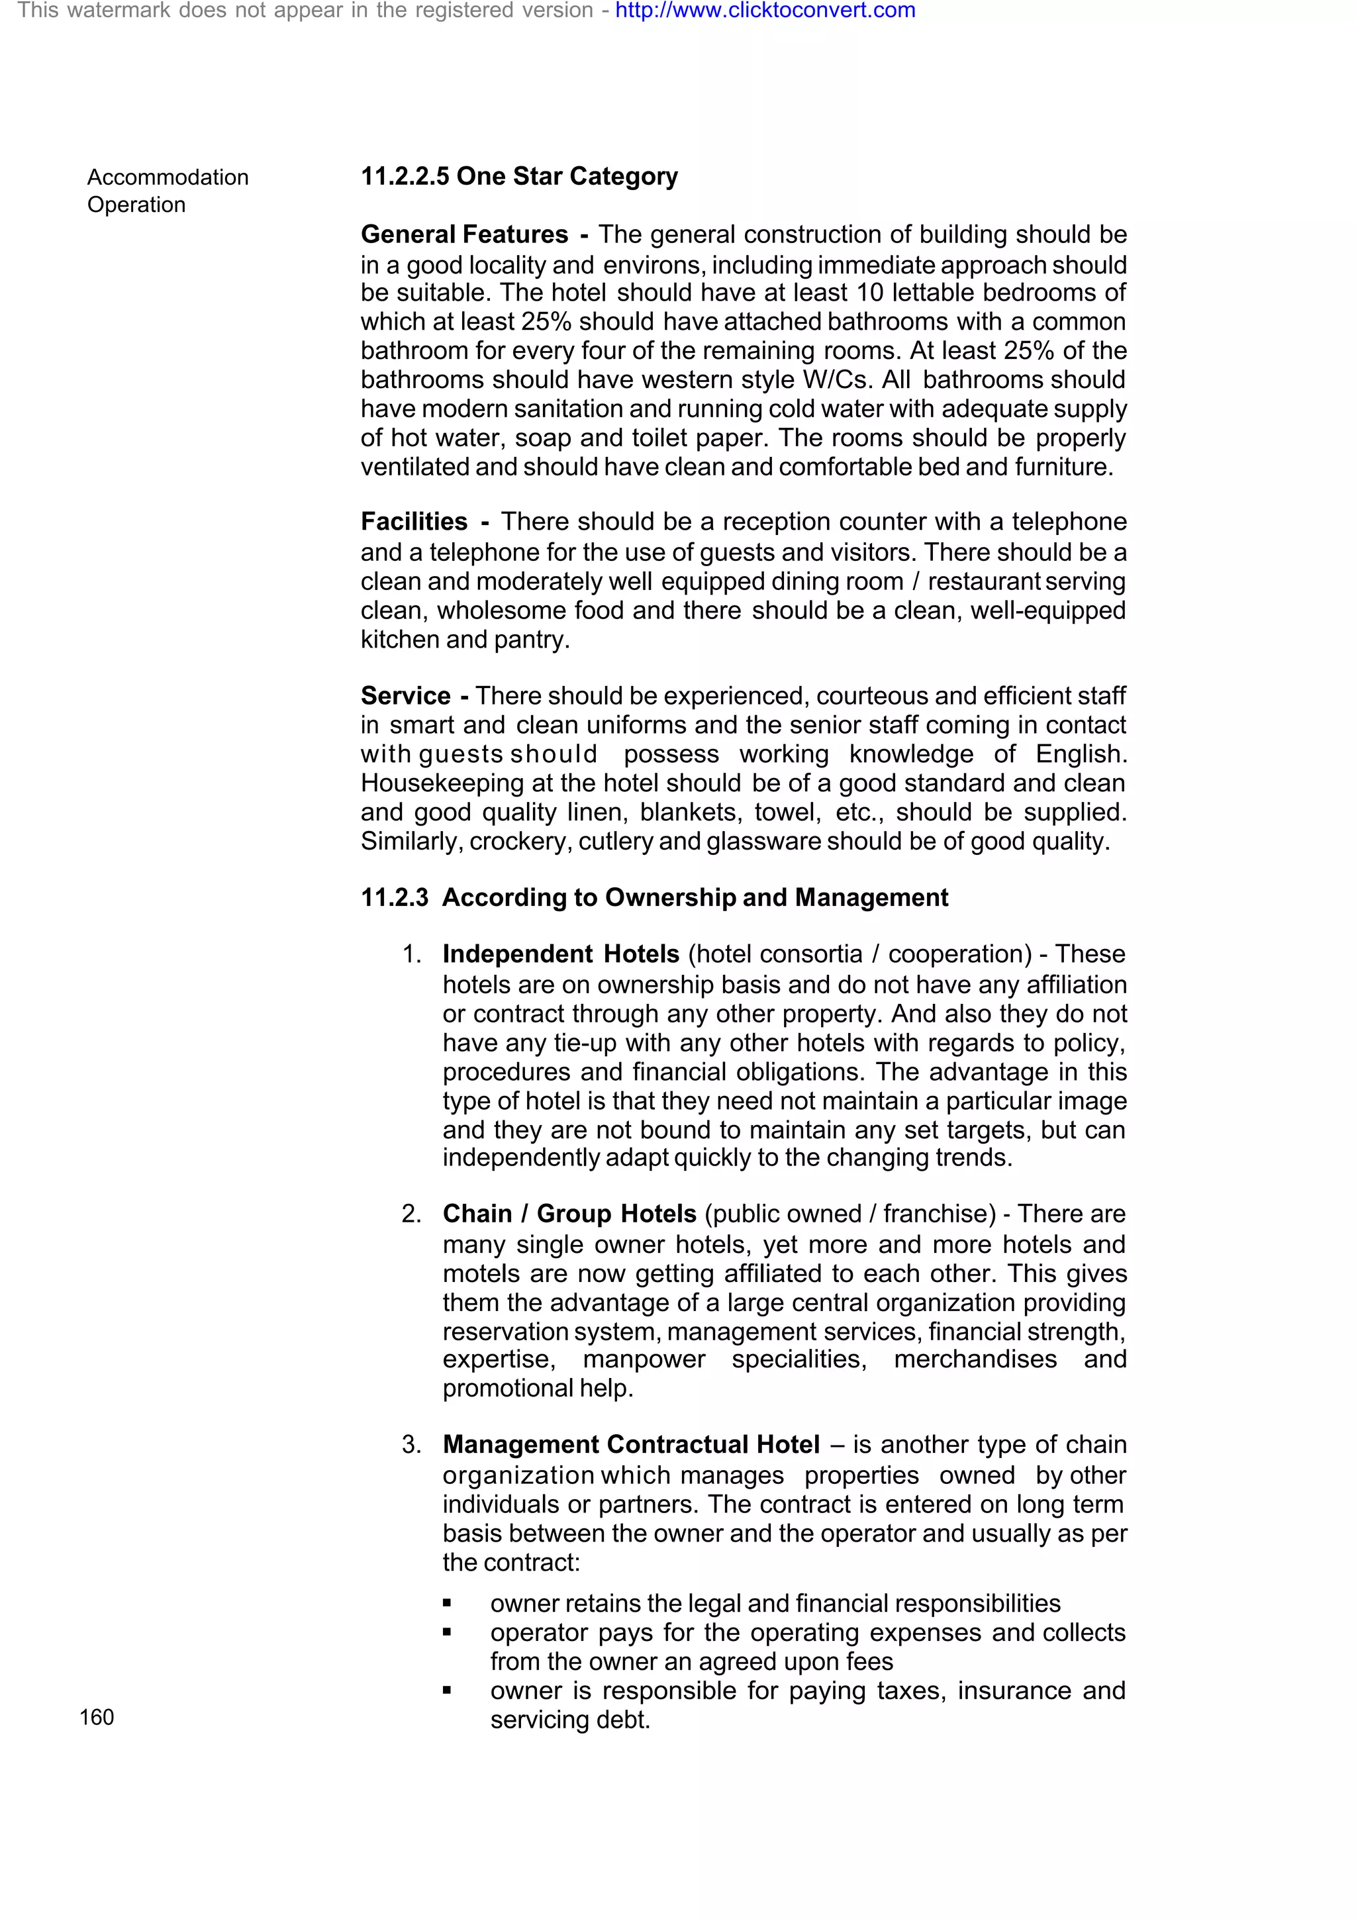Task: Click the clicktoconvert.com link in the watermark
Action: (x=765, y=11)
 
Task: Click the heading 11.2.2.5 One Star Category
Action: (x=519, y=176)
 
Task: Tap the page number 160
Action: (x=97, y=1717)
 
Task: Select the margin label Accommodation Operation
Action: (x=167, y=191)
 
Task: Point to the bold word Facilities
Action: (x=414, y=522)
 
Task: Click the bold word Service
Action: (x=405, y=695)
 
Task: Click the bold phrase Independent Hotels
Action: (x=561, y=954)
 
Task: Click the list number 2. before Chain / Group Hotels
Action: (x=411, y=1214)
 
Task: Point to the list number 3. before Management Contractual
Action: (x=411, y=1444)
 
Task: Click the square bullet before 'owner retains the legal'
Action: (x=447, y=1603)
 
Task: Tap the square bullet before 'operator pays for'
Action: (x=447, y=1632)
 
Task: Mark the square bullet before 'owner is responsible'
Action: (x=447, y=1690)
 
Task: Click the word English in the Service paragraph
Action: (x=1081, y=754)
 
